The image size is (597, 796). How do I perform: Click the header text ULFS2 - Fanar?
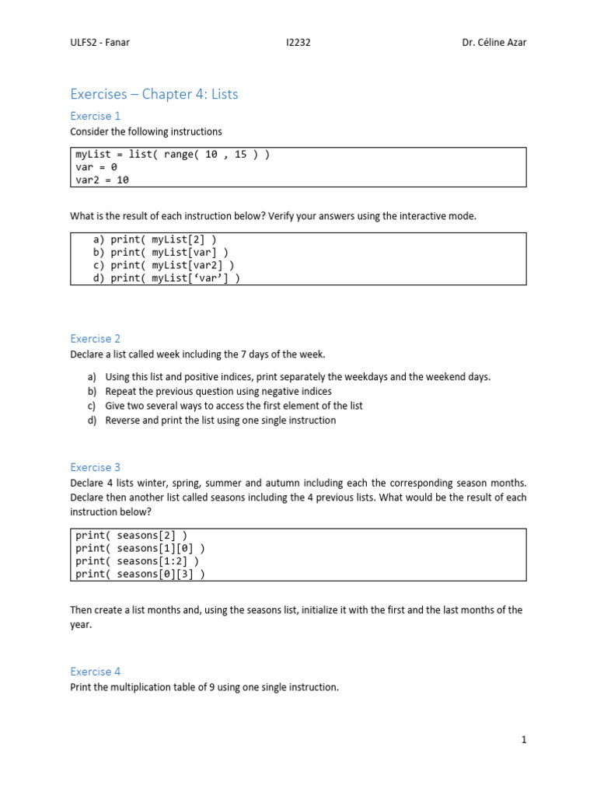tap(99, 42)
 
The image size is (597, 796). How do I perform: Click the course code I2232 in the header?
tap(298, 42)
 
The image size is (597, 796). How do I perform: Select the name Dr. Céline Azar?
tap(494, 42)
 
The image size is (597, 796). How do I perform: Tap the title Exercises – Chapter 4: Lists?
tap(154, 94)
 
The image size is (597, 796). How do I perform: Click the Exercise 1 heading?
tap(96, 116)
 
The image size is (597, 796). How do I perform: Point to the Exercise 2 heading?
tap(96, 339)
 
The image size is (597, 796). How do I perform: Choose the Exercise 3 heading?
tap(96, 467)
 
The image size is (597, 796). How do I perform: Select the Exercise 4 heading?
tap(96, 671)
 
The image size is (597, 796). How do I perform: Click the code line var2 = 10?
tap(102, 180)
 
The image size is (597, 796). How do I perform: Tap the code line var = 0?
tap(96, 166)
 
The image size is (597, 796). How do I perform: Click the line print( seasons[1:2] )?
tap(137, 561)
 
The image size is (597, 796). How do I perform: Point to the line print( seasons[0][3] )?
tap(140, 574)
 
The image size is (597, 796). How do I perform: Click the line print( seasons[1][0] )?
tap(140, 548)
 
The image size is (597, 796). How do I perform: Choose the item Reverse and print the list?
tap(220, 420)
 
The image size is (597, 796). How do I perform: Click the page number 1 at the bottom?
tap(524, 739)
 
